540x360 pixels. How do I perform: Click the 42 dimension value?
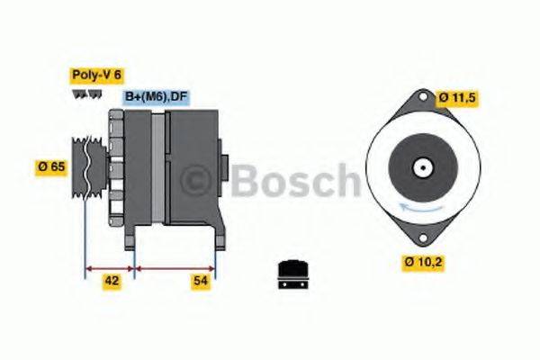(x=111, y=282)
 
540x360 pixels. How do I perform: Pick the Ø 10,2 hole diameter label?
(x=424, y=263)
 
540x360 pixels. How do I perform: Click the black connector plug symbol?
(x=291, y=272)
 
